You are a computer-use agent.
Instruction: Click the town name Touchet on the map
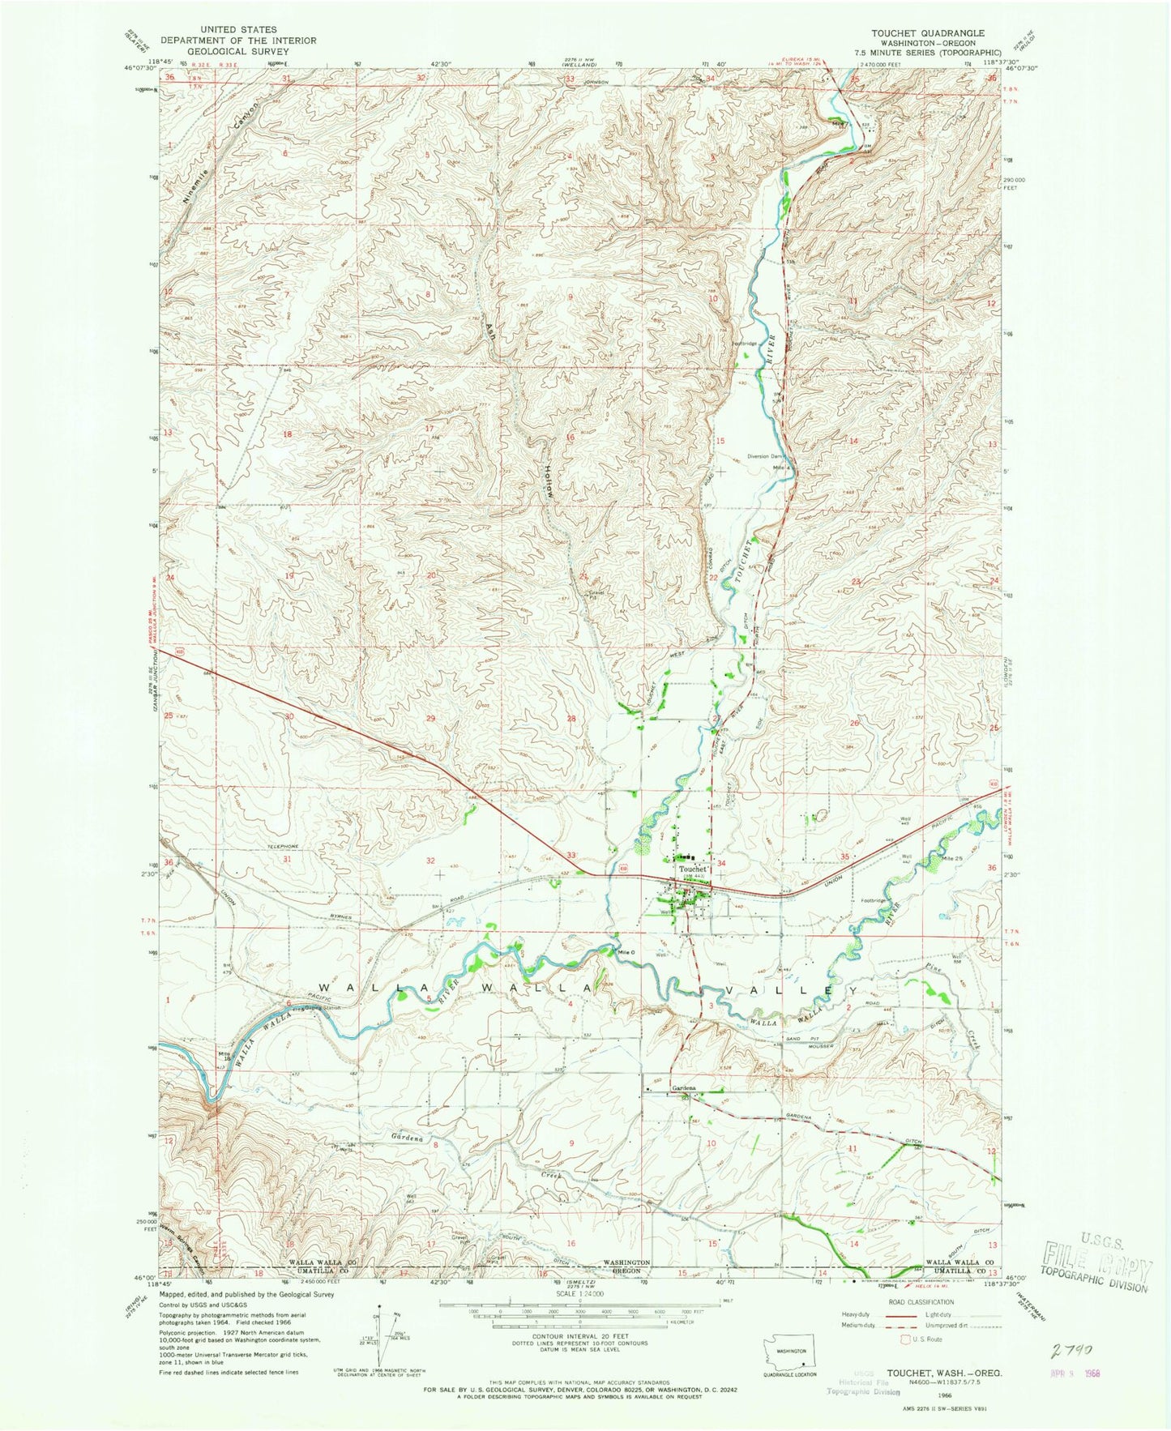pos(694,869)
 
